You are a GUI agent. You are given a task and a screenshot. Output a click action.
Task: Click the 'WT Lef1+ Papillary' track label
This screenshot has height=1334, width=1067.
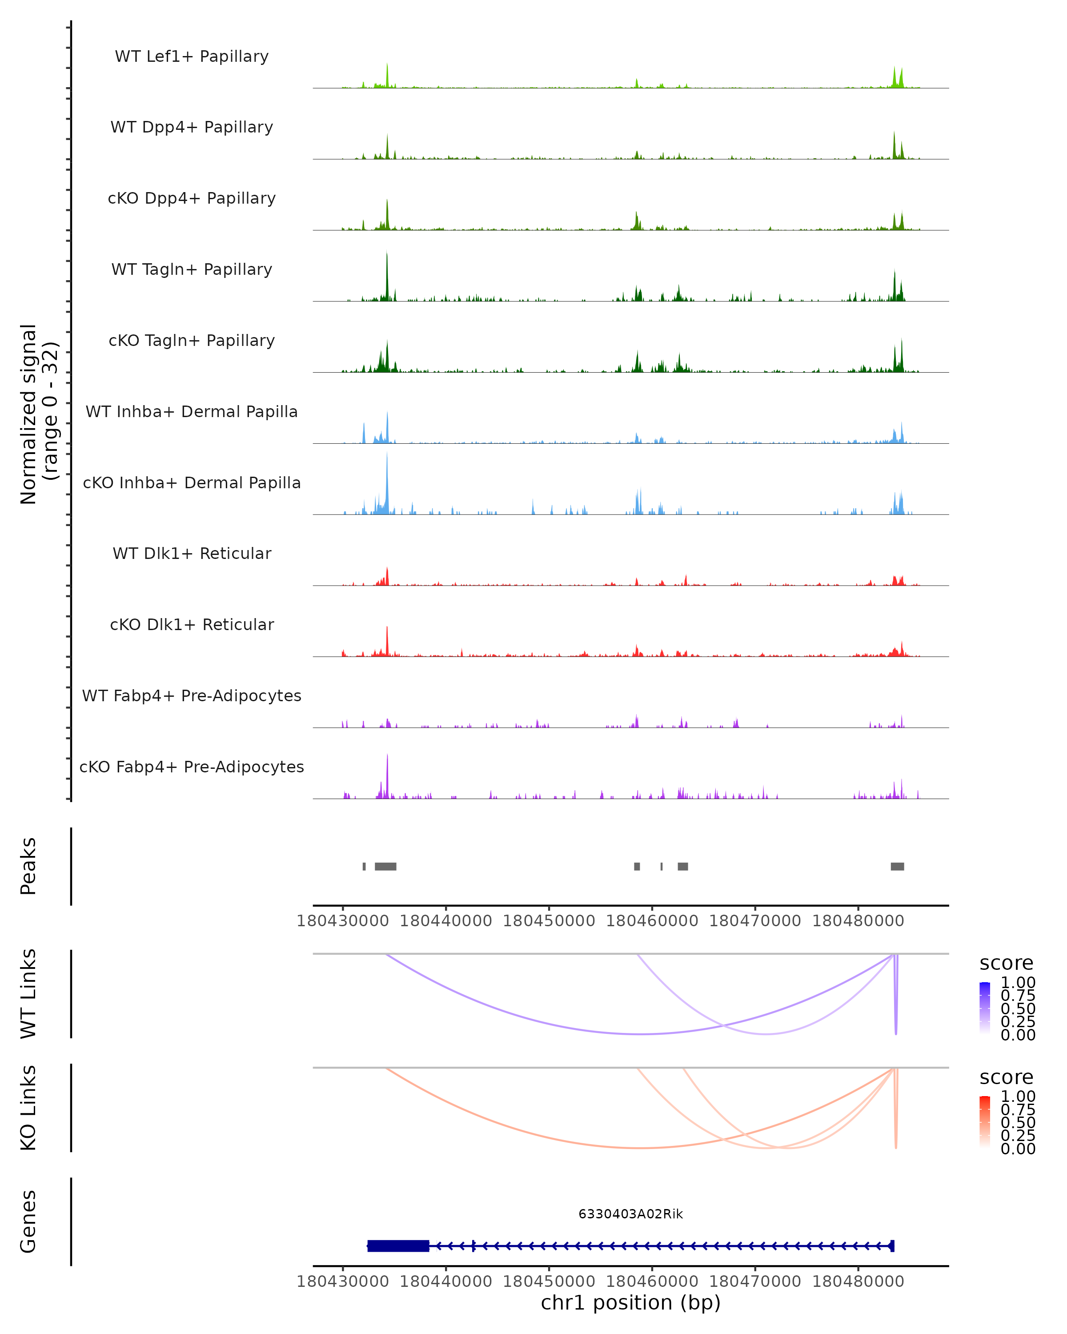click(x=192, y=56)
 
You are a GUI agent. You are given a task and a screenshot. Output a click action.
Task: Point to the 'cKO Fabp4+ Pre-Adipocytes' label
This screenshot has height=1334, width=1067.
click(x=192, y=767)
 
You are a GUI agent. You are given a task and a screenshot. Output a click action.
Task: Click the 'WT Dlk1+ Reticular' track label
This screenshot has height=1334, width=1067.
click(x=192, y=553)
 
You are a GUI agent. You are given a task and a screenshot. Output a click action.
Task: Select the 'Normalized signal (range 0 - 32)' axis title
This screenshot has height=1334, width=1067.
click(x=38, y=414)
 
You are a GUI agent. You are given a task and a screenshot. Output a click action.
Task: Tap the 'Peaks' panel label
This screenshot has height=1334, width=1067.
click(x=28, y=866)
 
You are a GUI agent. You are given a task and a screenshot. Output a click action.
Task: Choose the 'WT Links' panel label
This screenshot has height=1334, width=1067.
click(x=28, y=994)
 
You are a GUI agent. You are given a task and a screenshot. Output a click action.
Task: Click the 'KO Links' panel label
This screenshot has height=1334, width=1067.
click(x=28, y=1108)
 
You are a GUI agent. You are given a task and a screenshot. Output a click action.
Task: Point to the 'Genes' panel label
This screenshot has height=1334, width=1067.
click(x=28, y=1221)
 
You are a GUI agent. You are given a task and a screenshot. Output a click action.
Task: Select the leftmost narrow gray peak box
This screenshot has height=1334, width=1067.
click(x=364, y=866)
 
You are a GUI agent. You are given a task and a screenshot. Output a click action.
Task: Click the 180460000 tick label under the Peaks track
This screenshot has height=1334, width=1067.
click(x=651, y=921)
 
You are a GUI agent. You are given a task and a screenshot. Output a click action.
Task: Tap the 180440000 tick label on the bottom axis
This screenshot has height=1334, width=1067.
click(x=445, y=1282)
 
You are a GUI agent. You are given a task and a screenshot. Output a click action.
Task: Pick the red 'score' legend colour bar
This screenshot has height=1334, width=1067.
click(x=985, y=1124)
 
